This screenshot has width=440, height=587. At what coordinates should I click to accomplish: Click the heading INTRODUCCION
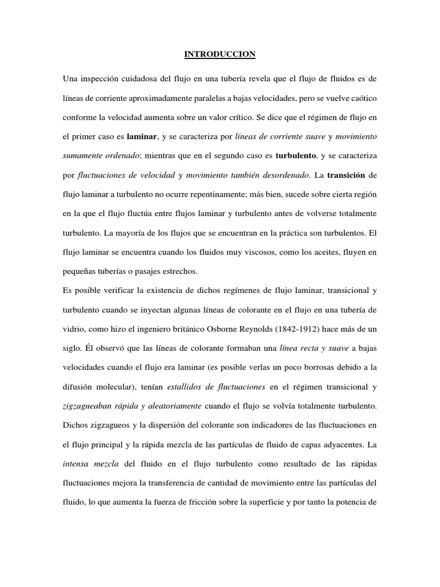point(219,54)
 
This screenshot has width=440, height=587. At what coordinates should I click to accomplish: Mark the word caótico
point(360,99)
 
